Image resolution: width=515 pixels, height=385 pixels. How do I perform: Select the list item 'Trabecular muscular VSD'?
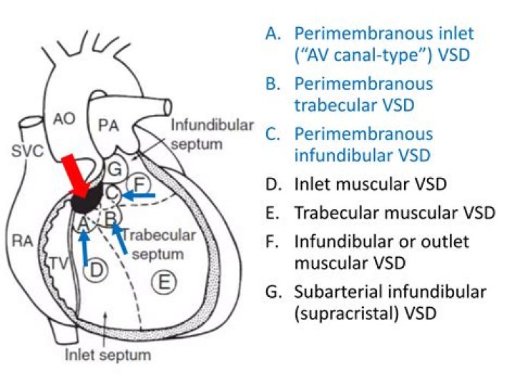click(394, 213)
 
